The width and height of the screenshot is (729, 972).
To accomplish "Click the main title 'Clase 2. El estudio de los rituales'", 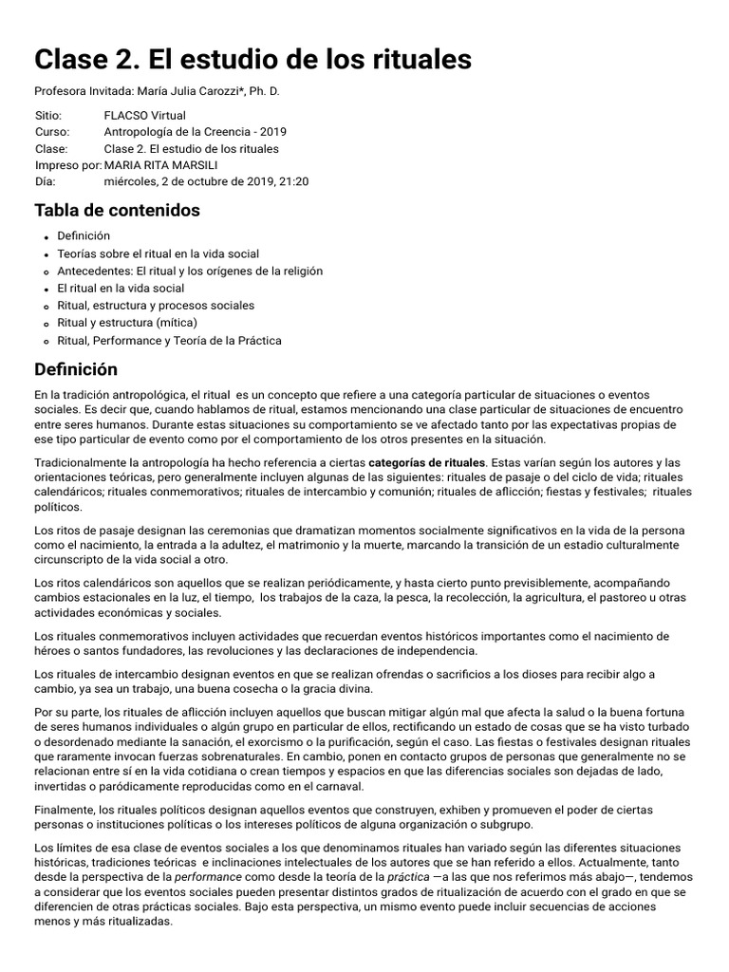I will point(252,59).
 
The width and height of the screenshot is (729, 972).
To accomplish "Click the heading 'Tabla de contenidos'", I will point(117,210).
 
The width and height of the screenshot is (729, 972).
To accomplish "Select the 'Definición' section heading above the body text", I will point(76,368).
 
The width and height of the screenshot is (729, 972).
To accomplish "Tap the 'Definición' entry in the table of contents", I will point(84,236).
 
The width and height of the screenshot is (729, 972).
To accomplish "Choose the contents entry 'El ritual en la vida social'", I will point(121,288).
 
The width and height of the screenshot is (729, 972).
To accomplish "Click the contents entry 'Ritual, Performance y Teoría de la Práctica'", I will point(169,340).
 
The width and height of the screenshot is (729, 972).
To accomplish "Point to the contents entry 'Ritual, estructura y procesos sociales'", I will point(156,306).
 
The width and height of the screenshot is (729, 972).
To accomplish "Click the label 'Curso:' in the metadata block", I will point(52,131).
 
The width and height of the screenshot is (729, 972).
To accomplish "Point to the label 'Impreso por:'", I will point(67,165).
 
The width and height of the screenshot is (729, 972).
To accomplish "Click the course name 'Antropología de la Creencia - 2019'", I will point(195,131).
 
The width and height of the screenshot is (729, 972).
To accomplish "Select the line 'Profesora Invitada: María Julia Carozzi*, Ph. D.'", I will point(157,91).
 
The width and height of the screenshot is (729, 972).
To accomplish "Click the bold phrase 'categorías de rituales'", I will point(426,462).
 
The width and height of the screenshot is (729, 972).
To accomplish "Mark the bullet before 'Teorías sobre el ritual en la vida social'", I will point(46,254).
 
